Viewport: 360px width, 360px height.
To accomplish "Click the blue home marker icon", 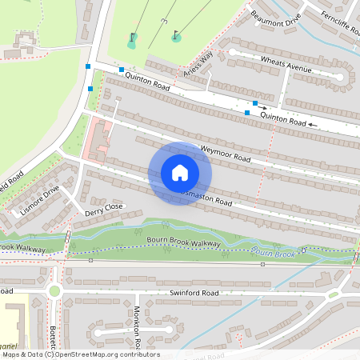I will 180,173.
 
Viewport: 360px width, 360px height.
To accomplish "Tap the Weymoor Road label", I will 226,154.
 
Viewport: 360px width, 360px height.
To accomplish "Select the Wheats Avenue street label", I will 286,64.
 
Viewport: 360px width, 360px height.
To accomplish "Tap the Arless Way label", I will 198,64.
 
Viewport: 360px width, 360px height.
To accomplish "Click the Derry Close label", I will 104,210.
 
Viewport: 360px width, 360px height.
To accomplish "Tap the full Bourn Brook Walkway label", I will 183,241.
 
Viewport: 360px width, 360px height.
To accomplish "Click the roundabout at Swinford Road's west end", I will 54,290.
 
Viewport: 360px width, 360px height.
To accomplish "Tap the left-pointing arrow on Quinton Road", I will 314,125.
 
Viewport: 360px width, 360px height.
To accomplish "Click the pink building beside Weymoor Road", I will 99,138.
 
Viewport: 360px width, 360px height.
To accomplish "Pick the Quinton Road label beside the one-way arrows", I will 283,119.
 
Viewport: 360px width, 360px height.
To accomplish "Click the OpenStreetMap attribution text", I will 80,354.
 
